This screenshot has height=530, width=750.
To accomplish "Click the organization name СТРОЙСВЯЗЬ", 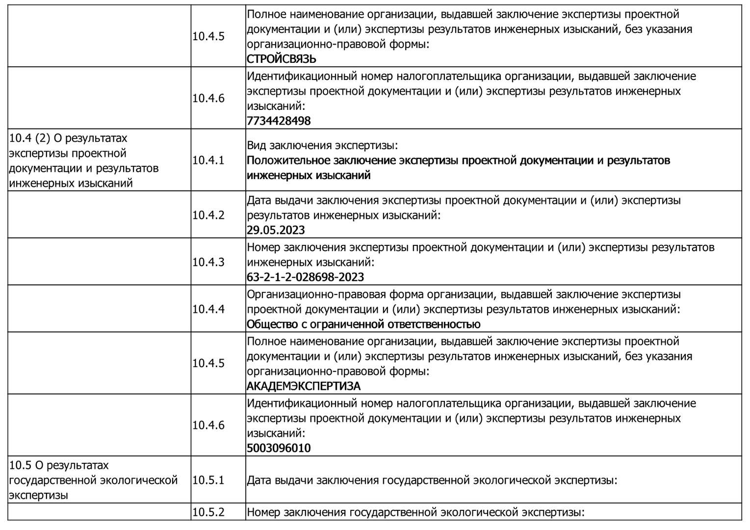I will click(x=282, y=59).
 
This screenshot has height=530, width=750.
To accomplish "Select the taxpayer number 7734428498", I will click(x=279, y=121).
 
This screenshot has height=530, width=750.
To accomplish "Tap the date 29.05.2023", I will click(x=276, y=230).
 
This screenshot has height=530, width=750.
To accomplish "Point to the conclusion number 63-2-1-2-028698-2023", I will click(x=305, y=277).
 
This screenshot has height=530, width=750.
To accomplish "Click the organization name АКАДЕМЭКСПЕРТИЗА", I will click(x=303, y=386).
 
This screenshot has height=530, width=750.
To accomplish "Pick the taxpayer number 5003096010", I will click(x=279, y=448).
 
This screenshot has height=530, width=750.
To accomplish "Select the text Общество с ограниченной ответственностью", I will click(x=363, y=324).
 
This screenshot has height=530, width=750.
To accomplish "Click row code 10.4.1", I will click(x=208, y=160).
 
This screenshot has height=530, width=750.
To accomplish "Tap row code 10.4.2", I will click(x=208, y=215).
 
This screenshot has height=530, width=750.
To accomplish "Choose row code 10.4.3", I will click(x=208, y=262).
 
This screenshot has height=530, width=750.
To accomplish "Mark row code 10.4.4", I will click(x=208, y=309).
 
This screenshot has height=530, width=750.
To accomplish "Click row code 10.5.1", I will click(x=208, y=480).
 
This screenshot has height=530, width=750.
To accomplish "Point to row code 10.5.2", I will click(x=208, y=512).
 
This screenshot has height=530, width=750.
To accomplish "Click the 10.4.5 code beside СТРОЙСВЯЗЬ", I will click(x=208, y=36).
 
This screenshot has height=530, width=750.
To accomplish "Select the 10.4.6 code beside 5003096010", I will click(x=208, y=425).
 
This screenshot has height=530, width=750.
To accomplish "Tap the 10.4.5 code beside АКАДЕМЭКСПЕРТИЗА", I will click(x=208, y=363).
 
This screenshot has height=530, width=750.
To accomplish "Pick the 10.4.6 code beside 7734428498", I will click(x=208, y=98).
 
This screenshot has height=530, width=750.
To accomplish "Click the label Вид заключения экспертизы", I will click(x=322, y=146).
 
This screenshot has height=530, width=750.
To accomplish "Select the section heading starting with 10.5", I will click(x=93, y=480).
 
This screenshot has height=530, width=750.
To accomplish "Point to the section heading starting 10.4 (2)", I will click(x=84, y=160).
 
